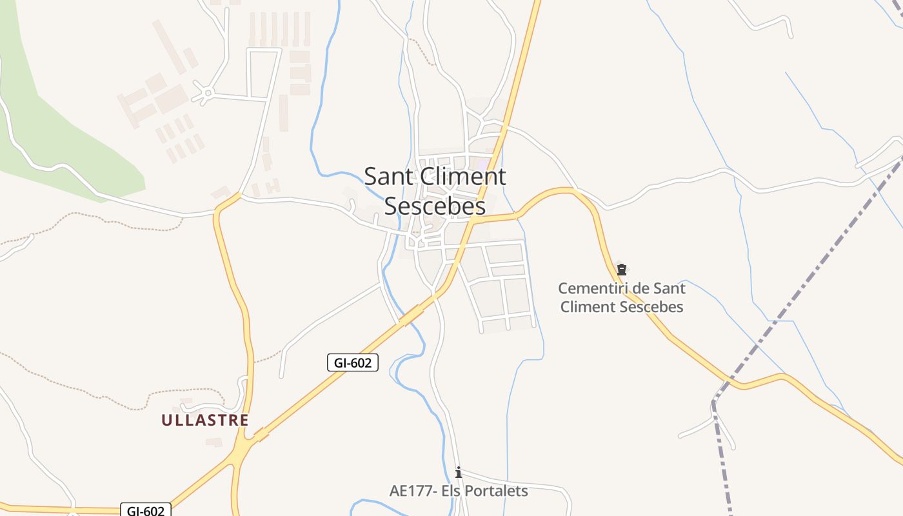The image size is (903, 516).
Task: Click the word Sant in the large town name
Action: click(386, 177)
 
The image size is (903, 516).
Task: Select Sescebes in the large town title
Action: click(435, 206)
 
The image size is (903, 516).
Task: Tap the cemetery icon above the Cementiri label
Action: click(622, 270)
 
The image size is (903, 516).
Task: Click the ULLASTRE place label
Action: click(204, 421)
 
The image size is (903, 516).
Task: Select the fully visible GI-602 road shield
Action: click(352, 362)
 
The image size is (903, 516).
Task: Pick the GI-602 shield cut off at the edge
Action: click(146, 510)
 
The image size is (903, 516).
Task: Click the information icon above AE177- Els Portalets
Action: click(459, 473)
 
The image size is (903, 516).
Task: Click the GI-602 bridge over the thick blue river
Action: click(411, 315)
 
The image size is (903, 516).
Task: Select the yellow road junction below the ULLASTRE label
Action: click(244, 445)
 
